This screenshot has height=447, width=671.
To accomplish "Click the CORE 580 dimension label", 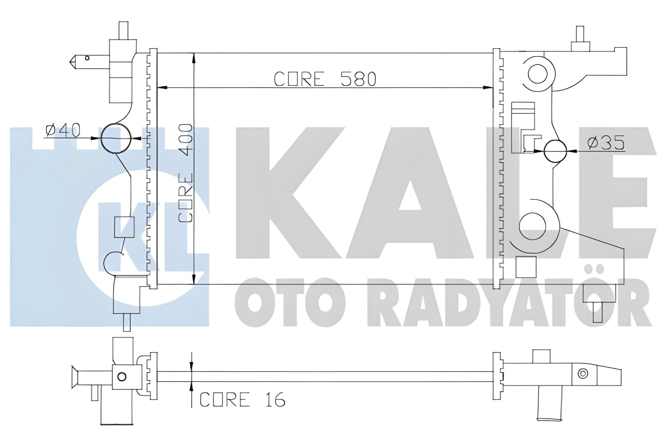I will pyautogui.click(x=325, y=79).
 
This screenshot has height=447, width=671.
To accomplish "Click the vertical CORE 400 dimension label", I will pyautogui.click(x=185, y=173).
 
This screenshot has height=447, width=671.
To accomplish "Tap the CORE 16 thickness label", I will pyautogui.click(x=242, y=400).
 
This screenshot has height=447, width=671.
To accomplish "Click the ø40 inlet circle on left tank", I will pyautogui.click(x=116, y=138).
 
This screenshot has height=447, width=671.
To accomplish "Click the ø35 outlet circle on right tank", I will pyautogui.click(x=555, y=151).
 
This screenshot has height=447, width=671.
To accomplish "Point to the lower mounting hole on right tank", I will pyautogui.click(x=533, y=226).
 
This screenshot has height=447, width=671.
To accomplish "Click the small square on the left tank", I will pyautogui.click(x=124, y=227).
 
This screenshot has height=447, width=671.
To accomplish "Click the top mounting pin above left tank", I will pyautogui.click(x=124, y=31).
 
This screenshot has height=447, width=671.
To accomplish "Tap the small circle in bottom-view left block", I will pyautogui.click(x=122, y=377).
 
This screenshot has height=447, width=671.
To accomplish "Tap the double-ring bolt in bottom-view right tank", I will pyautogui.click(x=583, y=374).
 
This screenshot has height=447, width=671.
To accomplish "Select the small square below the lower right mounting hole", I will pyautogui.click(x=526, y=266).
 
